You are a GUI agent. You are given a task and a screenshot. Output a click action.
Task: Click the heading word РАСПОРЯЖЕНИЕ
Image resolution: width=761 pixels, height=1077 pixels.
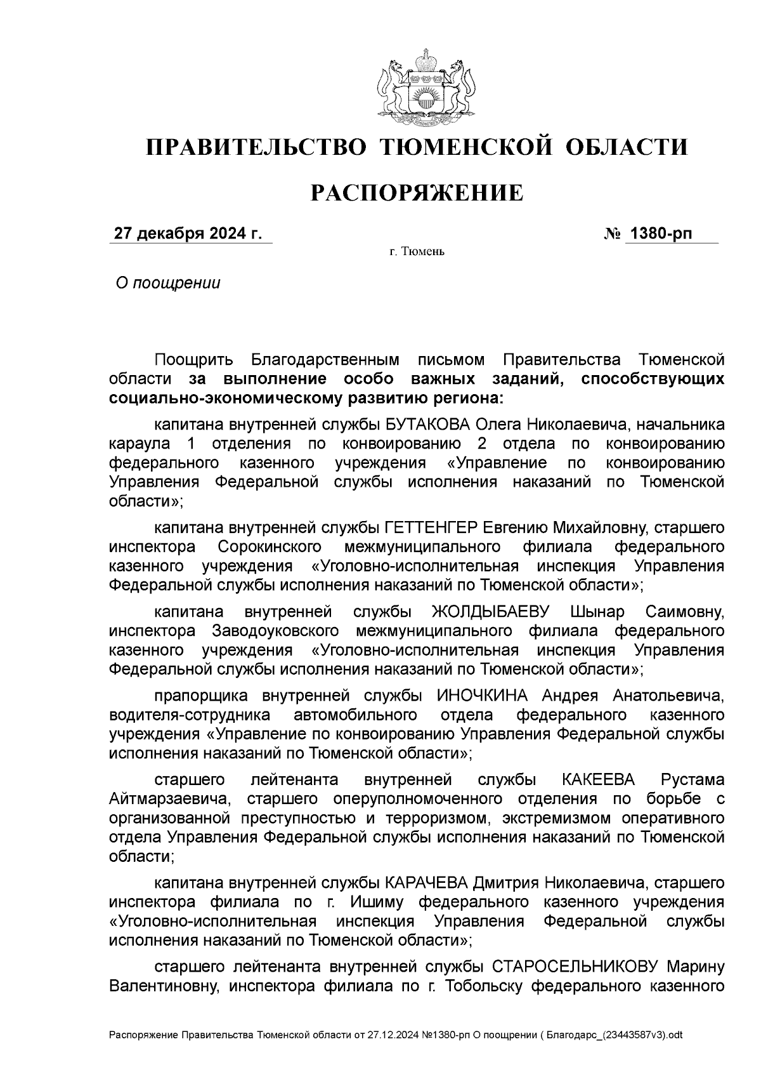(x=417, y=192)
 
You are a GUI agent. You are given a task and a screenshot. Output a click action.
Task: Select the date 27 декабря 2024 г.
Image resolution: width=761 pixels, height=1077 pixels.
(x=188, y=234)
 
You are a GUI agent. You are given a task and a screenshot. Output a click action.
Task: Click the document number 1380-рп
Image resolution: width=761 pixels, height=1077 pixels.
(x=660, y=234)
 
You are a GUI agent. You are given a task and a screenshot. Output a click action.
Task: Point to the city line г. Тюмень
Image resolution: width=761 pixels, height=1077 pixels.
(x=417, y=252)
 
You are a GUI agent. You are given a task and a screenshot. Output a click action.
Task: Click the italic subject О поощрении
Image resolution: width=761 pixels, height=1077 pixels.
(x=167, y=283)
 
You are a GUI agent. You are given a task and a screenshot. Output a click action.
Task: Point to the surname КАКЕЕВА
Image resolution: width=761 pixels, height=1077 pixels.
(x=598, y=779)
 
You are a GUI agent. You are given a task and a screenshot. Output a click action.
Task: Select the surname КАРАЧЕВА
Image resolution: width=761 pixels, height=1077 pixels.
(x=426, y=883)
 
